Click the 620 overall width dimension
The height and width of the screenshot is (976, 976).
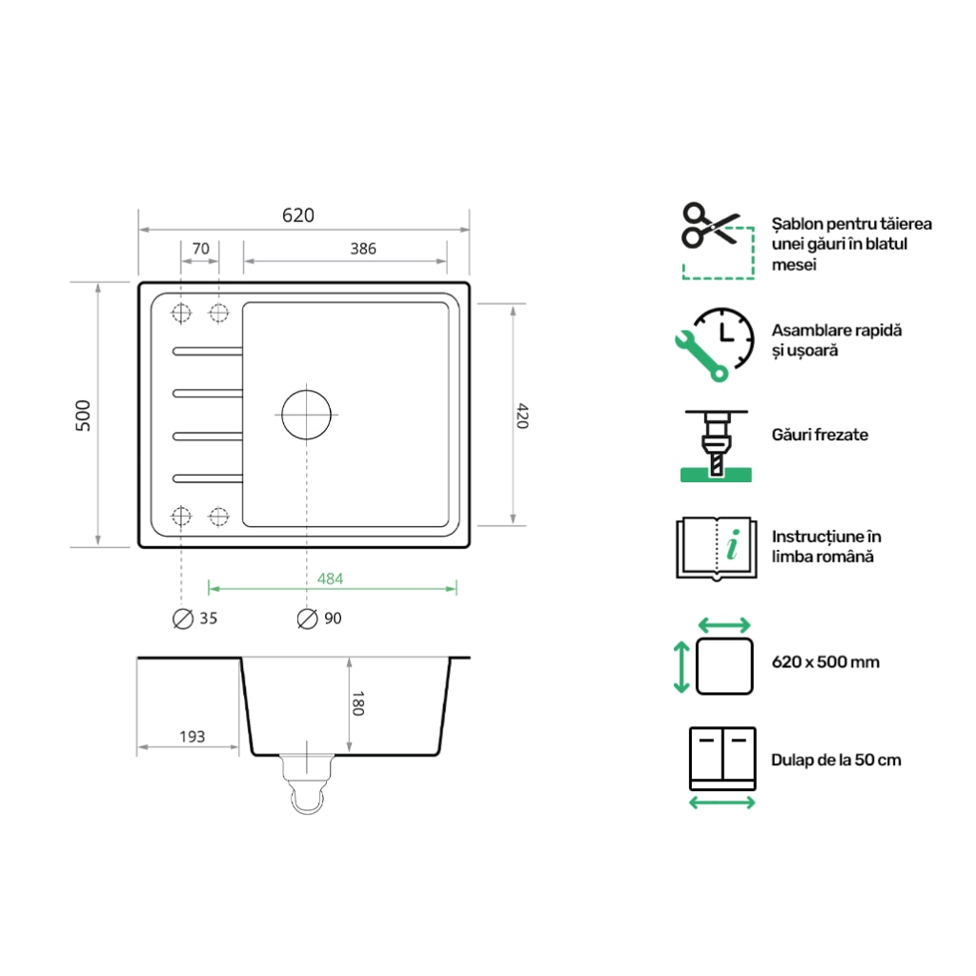[297, 215]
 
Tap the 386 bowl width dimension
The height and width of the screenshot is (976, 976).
[362, 249]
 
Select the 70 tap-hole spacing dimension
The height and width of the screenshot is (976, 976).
[200, 249]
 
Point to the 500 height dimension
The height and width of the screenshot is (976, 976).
[83, 416]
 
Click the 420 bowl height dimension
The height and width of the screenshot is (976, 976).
[521, 416]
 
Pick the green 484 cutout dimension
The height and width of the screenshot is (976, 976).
[330, 579]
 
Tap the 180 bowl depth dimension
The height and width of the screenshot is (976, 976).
[358, 703]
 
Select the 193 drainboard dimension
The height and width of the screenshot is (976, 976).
[193, 737]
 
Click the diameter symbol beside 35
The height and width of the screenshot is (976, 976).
[182, 619]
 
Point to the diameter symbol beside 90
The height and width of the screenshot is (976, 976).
[307, 619]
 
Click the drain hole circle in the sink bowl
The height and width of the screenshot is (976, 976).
[306, 415]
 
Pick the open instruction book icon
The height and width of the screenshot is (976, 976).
[716, 548]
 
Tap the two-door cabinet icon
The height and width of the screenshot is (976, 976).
[722, 759]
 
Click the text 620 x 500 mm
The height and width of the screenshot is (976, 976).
[825, 661]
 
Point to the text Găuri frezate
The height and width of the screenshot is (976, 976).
[820, 435]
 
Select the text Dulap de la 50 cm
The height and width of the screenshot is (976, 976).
[836, 760]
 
